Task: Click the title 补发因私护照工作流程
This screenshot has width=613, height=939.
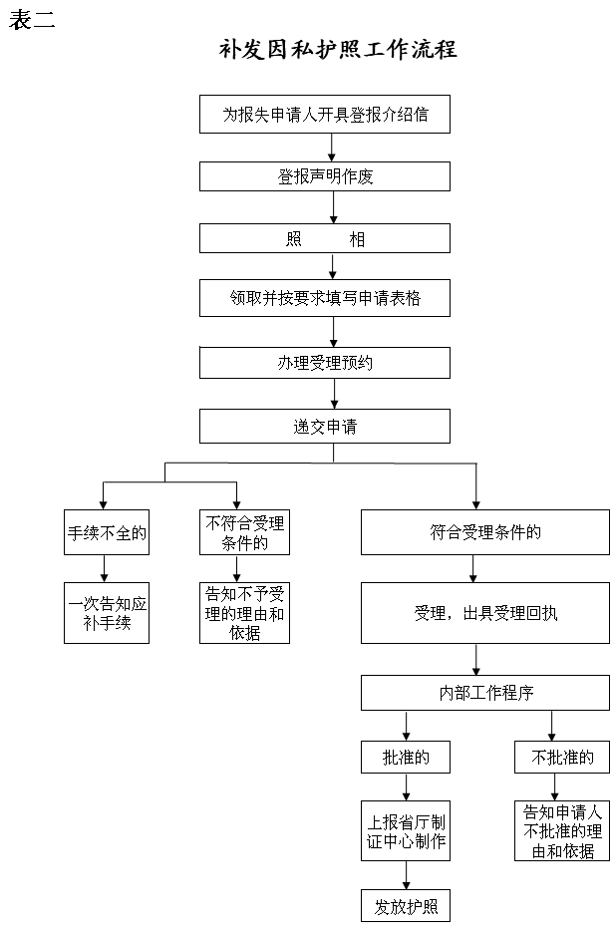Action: coord(338,49)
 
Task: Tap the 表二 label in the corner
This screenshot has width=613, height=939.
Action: coord(32,19)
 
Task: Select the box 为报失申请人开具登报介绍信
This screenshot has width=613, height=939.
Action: coord(325,114)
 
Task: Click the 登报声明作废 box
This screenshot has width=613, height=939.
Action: coord(325,176)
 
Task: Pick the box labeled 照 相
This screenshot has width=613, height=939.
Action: coord(325,238)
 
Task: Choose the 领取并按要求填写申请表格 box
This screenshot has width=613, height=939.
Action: coord(325,298)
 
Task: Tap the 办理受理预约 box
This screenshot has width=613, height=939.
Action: coord(325,363)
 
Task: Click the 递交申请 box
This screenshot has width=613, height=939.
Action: coord(325,427)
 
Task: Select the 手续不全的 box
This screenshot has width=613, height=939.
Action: coord(107,532)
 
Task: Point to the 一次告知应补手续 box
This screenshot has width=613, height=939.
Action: coord(107,613)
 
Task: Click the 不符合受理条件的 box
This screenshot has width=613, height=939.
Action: coord(244,532)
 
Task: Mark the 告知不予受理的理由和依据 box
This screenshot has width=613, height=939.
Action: coord(244,613)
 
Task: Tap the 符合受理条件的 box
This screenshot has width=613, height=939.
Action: coord(485,532)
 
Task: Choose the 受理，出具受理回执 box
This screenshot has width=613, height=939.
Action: coord(485,613)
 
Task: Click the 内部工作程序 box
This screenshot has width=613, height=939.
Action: coord(485,693)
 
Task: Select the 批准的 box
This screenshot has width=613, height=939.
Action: coord(406,758)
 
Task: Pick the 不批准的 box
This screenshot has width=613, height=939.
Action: coord(562,758)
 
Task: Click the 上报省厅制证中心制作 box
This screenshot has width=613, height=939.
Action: coord(406,831)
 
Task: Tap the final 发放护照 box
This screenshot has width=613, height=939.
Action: coord(406,906)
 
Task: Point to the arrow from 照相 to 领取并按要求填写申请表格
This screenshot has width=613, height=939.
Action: coord(333,266)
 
